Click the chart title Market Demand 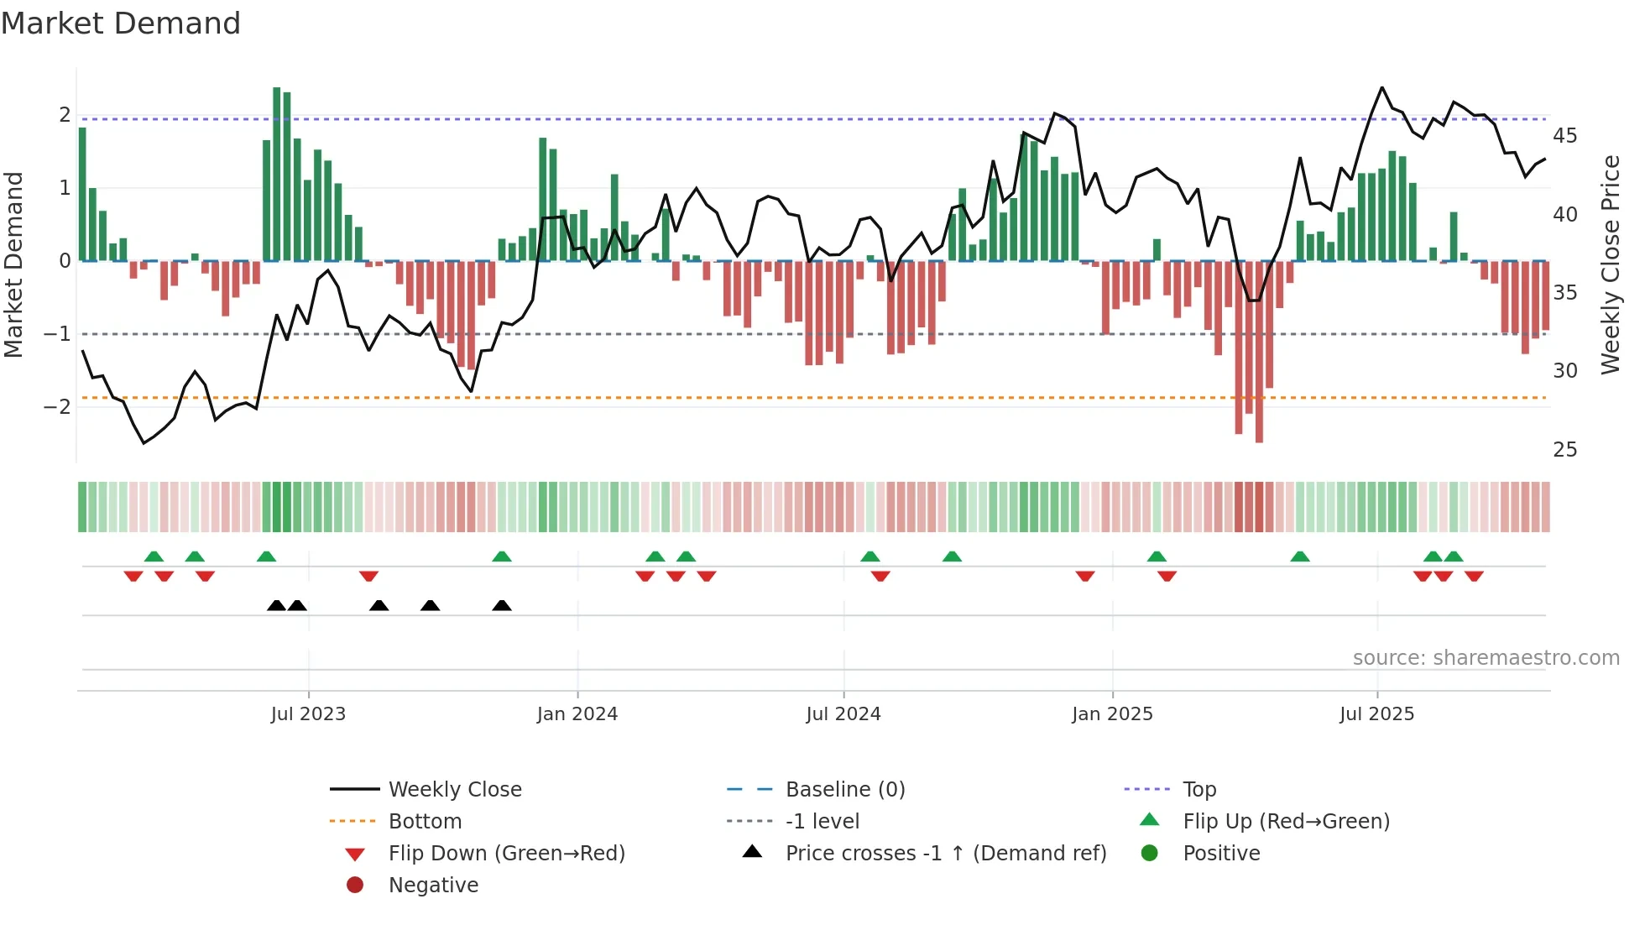click(121, 24)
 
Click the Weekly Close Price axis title click(1610, 264)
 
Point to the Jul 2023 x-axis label click(308, 714)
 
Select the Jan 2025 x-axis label click(1112, 714)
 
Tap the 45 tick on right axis click(1564, 136)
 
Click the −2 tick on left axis click(57, 407)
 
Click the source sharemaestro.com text click(1486, 658)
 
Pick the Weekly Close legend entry click(454, 790)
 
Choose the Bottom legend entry click(425, 822)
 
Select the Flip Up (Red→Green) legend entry click(1286, 822)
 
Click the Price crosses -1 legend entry click(945, 854)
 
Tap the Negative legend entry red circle click(355, 886)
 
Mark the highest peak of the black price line click(1382, 87)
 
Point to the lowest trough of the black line click(144, 443)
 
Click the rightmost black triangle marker click(502, 606)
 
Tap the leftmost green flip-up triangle click(154, 557)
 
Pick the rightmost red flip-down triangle click(1474, 577)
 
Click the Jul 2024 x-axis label click(843, 714)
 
